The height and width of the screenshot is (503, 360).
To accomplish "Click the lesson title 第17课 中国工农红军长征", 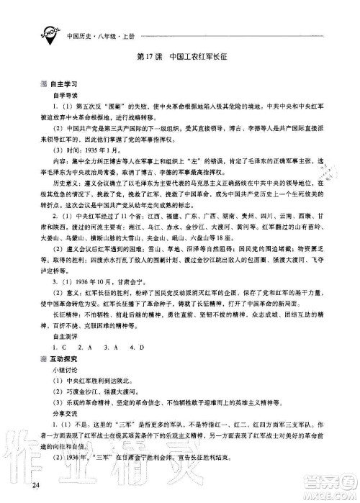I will coord(180,55).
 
